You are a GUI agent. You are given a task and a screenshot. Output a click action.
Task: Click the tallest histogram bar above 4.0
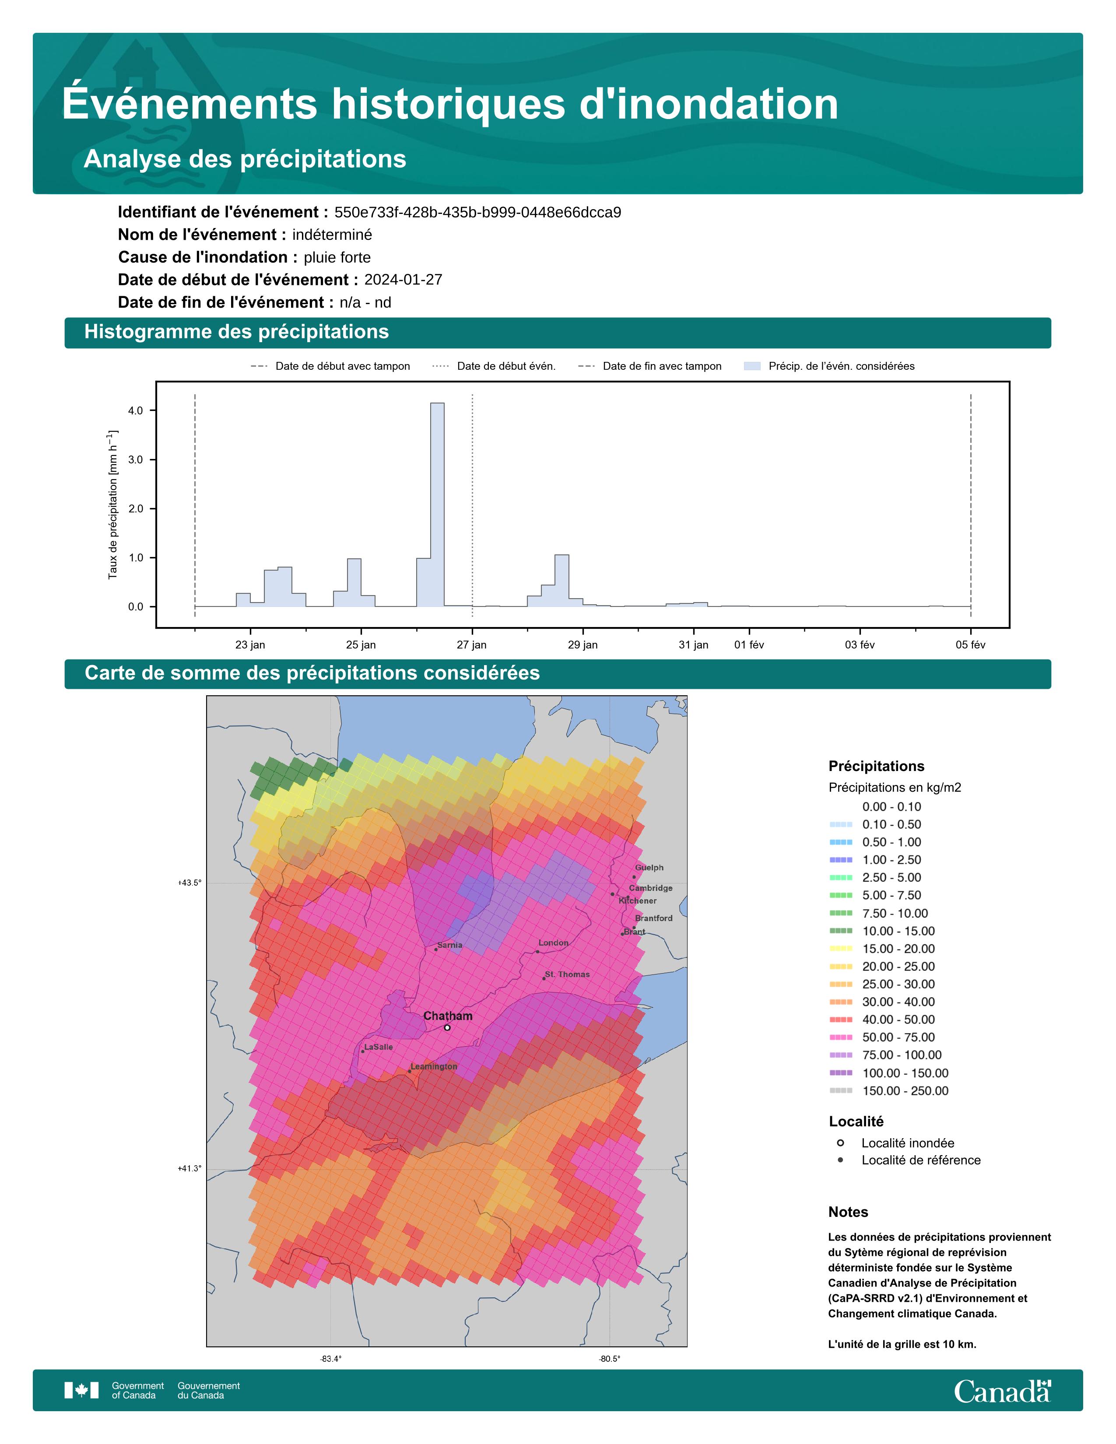437,502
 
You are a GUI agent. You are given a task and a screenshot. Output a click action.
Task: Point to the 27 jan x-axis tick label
471,645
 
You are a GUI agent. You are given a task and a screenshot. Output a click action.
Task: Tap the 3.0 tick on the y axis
136,459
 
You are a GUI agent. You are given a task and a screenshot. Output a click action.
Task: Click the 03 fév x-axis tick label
860,645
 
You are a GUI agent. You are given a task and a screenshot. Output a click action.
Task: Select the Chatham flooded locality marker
447,1027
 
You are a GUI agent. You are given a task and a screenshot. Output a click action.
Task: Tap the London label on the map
553,943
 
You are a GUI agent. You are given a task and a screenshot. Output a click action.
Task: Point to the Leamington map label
434,1066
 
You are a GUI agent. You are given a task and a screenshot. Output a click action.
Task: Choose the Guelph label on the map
649,867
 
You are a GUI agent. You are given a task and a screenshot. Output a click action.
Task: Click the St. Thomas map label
567,974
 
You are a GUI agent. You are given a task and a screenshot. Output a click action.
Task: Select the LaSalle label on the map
379,1047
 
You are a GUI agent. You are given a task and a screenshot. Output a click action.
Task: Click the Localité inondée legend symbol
840,1143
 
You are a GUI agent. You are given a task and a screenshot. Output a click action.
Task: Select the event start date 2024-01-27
404,280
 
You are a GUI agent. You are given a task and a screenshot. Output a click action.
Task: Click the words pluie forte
337,257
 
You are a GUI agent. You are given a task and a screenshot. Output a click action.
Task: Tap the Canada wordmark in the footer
1002,1391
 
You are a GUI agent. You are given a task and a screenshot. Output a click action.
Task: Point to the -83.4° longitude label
331,1359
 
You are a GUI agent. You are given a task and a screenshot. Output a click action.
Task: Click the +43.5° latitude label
190,883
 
